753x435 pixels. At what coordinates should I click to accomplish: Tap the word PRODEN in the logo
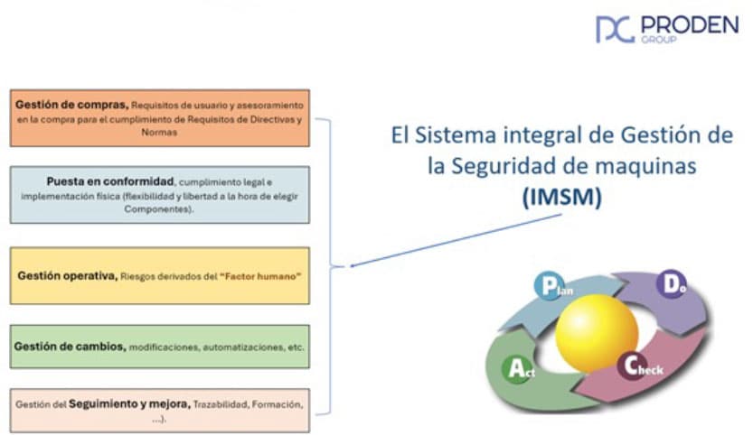(x=688, y=24)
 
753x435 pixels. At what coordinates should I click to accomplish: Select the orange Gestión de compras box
(x=159, y=117)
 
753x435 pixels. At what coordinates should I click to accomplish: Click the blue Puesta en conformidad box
(x=159, y=194)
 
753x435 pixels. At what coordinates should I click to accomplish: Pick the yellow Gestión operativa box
(x=159, y=275)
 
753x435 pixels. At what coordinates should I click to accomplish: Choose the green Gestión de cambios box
(x=159, y=347)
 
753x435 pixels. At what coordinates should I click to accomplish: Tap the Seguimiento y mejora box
(x=159, y=411)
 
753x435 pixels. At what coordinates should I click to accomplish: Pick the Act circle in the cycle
(x=516, y=368)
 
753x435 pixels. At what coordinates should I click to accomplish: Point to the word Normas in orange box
(x=160, y=132)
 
